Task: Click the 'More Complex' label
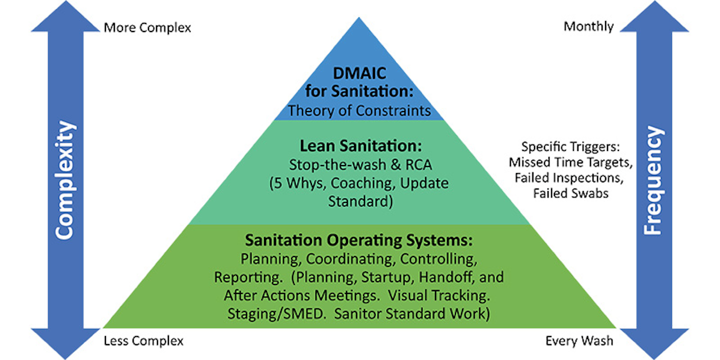click(147, 27)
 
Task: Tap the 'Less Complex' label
click(143, 341)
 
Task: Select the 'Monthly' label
click(588, 26)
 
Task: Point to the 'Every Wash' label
click(579, 341)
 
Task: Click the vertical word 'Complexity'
click(65, 180)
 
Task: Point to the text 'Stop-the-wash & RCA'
click(359, 165)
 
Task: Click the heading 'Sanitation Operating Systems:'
click(358, 240)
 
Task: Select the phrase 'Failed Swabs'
click(570, 193)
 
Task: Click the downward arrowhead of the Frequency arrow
click(653, 342)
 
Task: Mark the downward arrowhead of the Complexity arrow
click(65, 342)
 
